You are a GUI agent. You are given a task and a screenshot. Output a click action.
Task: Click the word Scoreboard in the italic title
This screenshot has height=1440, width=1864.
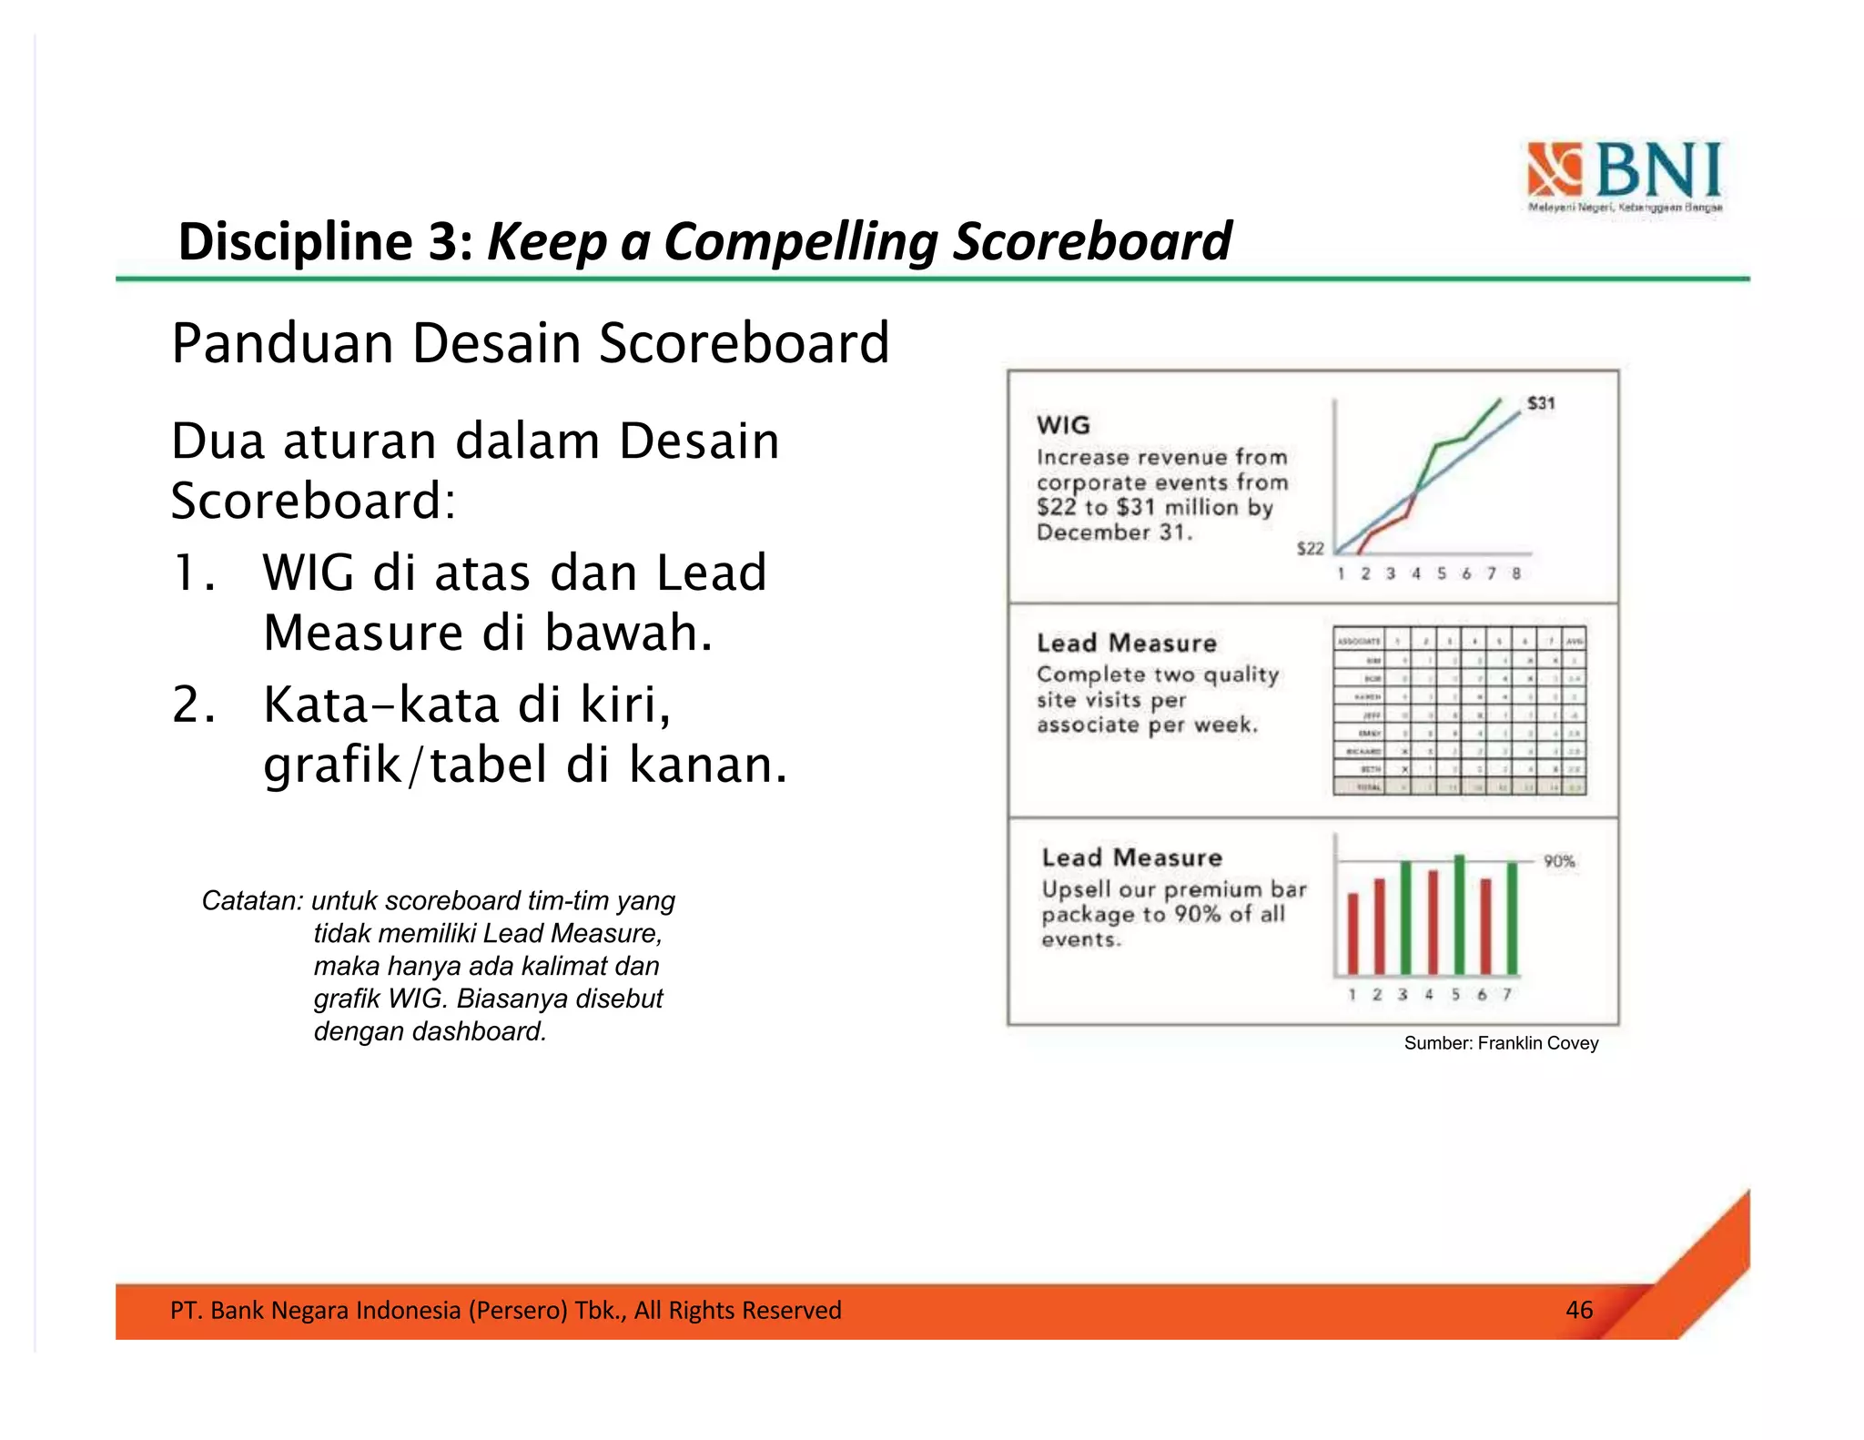(x=1091, y=242)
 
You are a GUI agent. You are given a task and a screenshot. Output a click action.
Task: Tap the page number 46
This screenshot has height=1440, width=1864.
(x=1578, y=1310)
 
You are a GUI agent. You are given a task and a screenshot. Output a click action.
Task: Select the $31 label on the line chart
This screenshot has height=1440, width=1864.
(x=1541, y=403)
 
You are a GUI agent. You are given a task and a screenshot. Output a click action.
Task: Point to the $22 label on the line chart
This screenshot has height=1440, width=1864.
(x=1310, y=548)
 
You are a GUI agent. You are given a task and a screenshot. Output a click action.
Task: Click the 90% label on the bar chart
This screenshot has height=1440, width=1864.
(x=1558, y=861)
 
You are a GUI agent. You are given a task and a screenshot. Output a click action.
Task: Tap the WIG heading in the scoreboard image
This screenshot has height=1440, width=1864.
(x=1062, y=425)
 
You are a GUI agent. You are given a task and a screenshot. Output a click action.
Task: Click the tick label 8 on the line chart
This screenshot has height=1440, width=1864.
(x=1516, y=573)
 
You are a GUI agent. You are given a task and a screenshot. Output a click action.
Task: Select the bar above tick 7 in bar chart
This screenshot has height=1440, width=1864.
(x=1512, y=918)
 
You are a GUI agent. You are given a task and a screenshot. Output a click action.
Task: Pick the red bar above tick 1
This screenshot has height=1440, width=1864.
(x=1352, y=933)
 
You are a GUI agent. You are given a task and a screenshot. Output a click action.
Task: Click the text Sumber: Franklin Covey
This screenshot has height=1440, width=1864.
(x=1500, y=1043)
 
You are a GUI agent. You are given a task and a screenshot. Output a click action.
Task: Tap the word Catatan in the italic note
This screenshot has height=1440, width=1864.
(x=250, y=901)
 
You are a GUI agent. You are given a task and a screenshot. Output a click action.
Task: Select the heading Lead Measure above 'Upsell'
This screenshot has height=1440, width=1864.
(x=1131, y=857)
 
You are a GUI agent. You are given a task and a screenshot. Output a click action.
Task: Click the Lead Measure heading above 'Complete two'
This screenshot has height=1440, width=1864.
(x=1126, y=644)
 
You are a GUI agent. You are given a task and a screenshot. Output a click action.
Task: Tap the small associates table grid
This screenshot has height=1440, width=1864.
(x=1459, y=711)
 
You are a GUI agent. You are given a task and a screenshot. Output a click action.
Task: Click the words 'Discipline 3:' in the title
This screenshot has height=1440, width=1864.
(x=326, y=242)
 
